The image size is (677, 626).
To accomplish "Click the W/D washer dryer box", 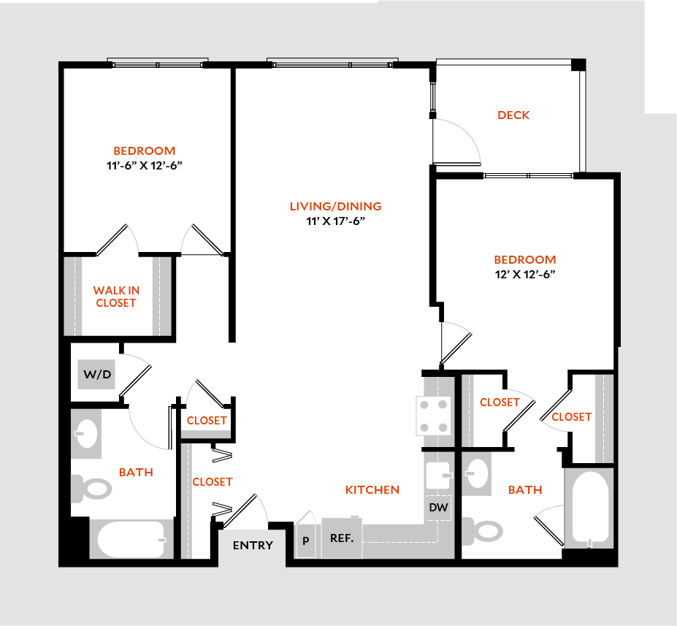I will [96, 375].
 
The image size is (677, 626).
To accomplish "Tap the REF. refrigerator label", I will [342, 539].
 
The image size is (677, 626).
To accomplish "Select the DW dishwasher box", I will [438, 506].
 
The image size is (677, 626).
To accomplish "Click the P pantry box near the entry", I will [305, 541].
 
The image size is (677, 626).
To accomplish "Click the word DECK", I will [513, 115].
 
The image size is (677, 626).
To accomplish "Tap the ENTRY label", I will [253, 545].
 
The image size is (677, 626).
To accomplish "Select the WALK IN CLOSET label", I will [116, 297].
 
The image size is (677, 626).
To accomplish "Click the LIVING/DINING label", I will [335, 207].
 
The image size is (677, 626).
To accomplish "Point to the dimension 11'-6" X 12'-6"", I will [143, 165].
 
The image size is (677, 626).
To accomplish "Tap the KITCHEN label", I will [372, 489].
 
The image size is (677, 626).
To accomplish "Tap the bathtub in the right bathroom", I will [590, 509].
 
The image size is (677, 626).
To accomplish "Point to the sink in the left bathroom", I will [86, 436].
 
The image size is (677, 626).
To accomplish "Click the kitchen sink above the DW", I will [438, 475].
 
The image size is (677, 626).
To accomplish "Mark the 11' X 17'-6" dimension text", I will [335, 221].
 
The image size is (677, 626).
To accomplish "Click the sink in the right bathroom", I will [478, 473].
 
